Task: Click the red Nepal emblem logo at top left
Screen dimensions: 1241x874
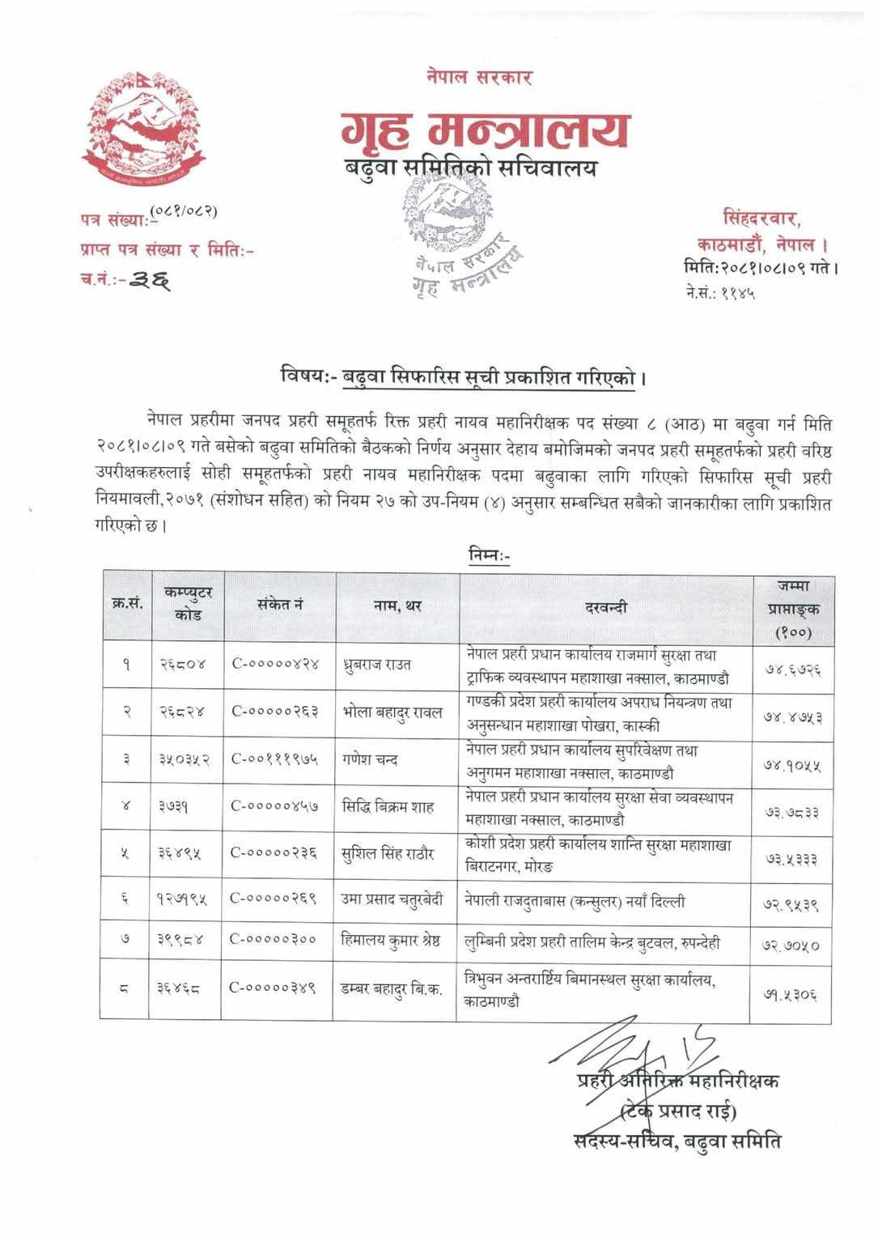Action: pos(140,127)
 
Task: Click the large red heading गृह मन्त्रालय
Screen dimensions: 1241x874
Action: pos(484,130)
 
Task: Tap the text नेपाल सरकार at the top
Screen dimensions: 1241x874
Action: pos(479,78)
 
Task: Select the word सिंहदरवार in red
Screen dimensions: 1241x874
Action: pos(761,217)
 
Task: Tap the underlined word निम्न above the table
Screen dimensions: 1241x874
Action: pos(489,555)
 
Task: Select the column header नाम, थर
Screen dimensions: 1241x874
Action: pos(397,606)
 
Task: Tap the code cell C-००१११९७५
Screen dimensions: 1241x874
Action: pos(275,759)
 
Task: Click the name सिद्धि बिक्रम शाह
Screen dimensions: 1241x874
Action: pos(388,806)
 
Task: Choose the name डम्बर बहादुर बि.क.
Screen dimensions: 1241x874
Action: pos(392,988)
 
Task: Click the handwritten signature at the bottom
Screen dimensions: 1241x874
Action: pos(631,1048)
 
